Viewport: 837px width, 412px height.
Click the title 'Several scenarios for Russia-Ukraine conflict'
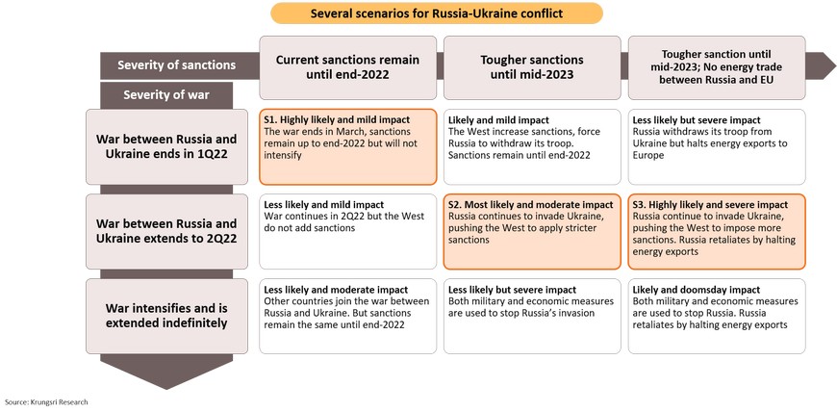pos(437,13)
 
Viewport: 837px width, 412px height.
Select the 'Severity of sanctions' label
pos(177,65)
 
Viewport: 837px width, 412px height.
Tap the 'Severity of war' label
pos(166,95)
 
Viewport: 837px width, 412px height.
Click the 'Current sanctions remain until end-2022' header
pos(347,67)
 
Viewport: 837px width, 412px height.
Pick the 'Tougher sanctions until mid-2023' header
pos(532,67)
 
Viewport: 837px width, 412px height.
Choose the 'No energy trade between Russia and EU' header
pos(716,74)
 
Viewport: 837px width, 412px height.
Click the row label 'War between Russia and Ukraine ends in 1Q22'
pos(166,147)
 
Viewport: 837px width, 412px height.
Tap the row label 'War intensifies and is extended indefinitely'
pos(166,316)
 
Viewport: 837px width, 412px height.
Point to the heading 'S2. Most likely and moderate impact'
pos(531,205)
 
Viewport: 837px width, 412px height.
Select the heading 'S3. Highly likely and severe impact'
pos(710,205)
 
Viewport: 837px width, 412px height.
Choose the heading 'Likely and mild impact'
pos(498,120)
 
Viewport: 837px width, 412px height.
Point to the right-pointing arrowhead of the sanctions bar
pos(821,65)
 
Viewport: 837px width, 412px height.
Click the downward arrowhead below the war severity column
pos(166,372)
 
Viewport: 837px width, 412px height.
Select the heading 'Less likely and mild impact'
pos(324,205)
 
